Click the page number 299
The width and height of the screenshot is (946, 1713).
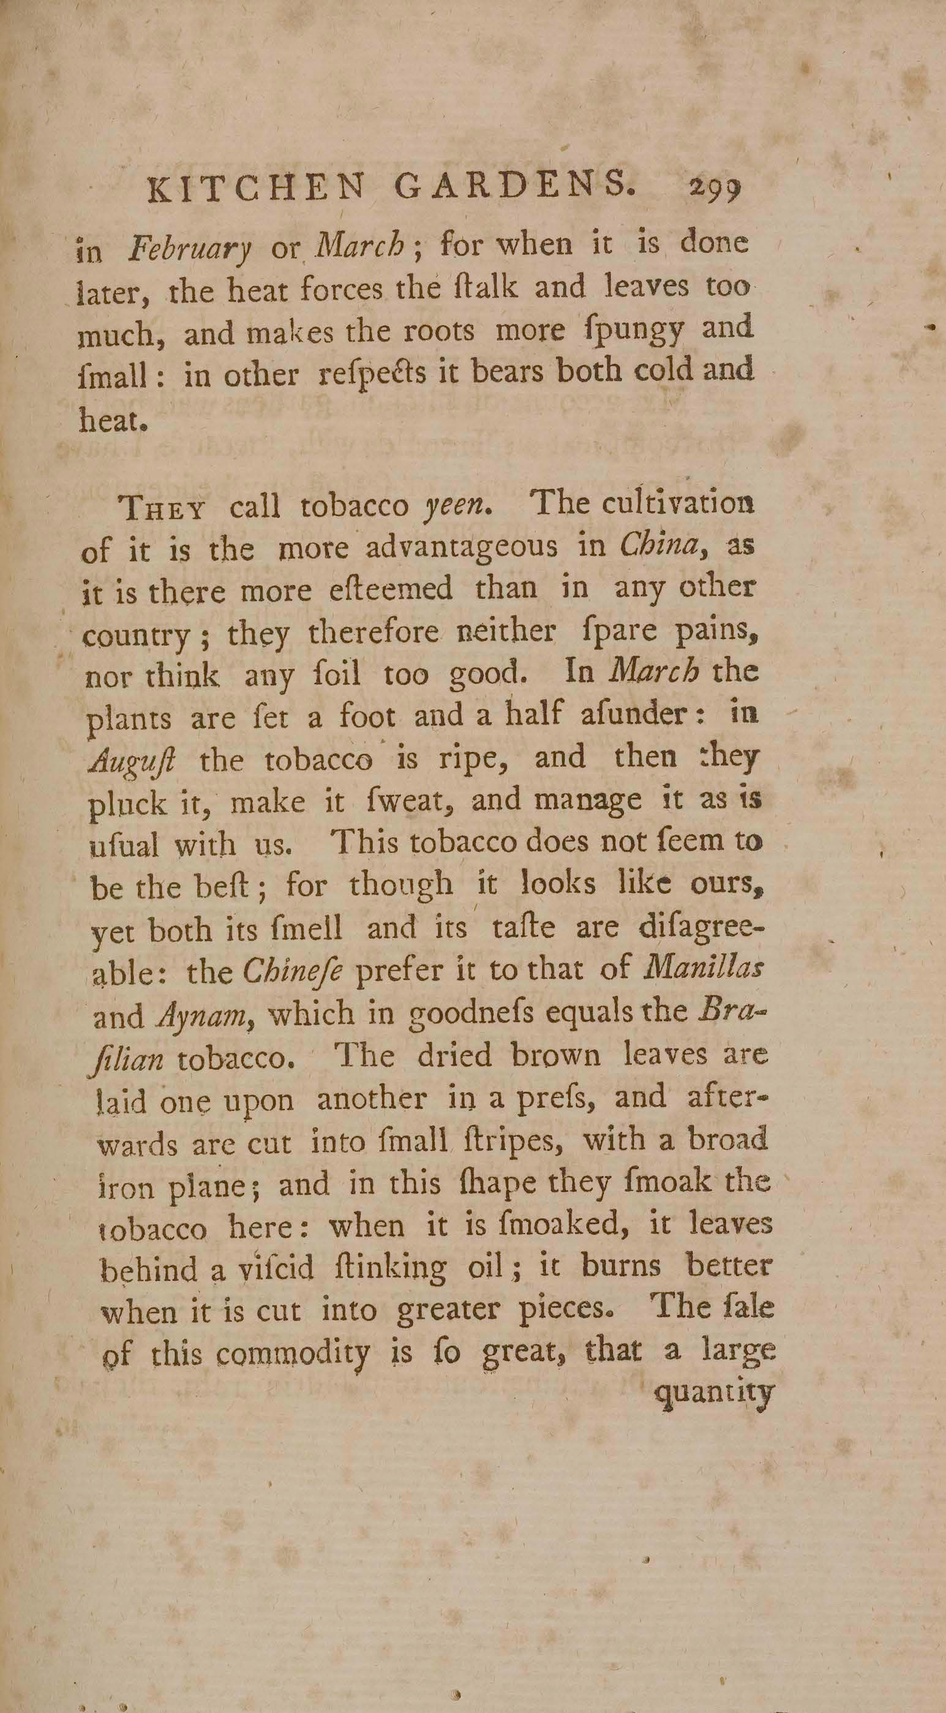(714, 190)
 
